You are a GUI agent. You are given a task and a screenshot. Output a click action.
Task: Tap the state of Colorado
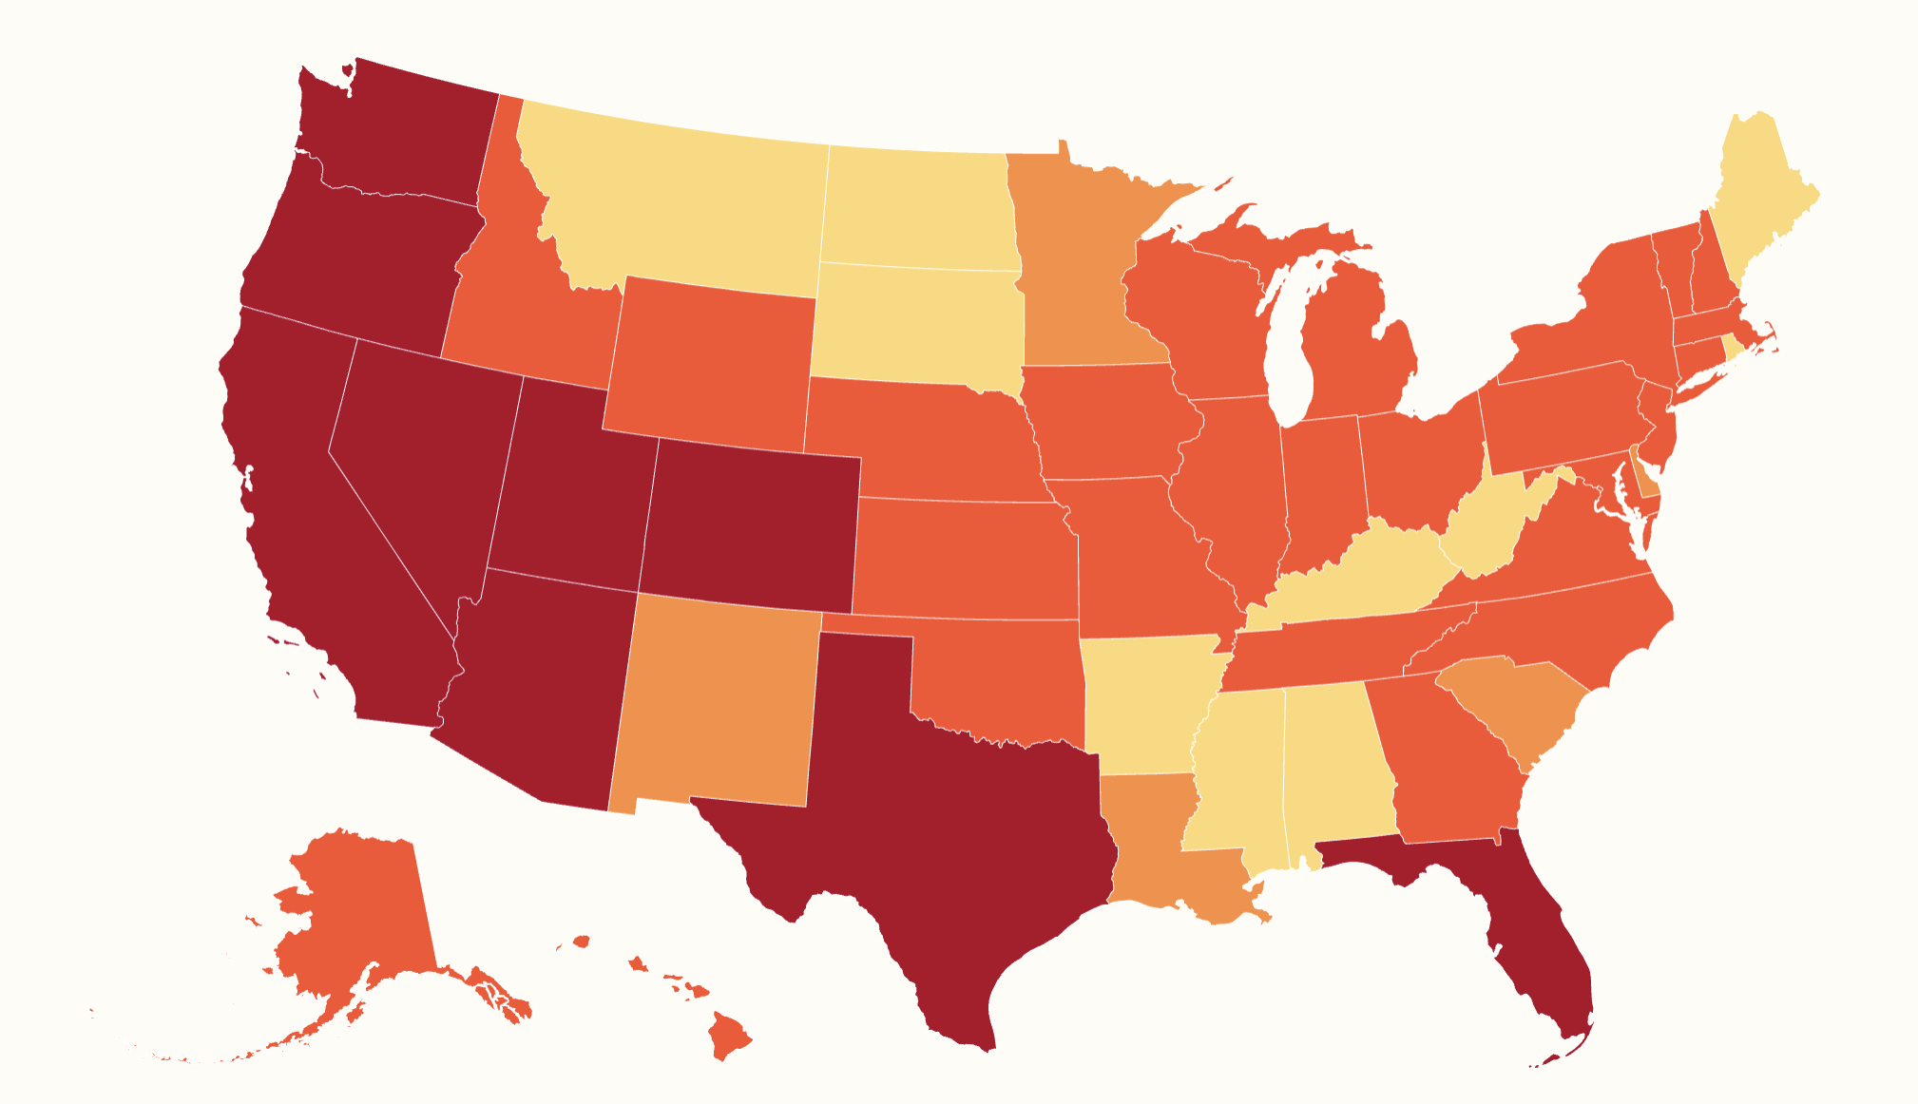click(x=751, y=527)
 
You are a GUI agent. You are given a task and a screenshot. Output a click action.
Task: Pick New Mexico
click(x=718, y=703)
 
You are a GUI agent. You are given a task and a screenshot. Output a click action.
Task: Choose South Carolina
click(x=1511, y=703)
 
